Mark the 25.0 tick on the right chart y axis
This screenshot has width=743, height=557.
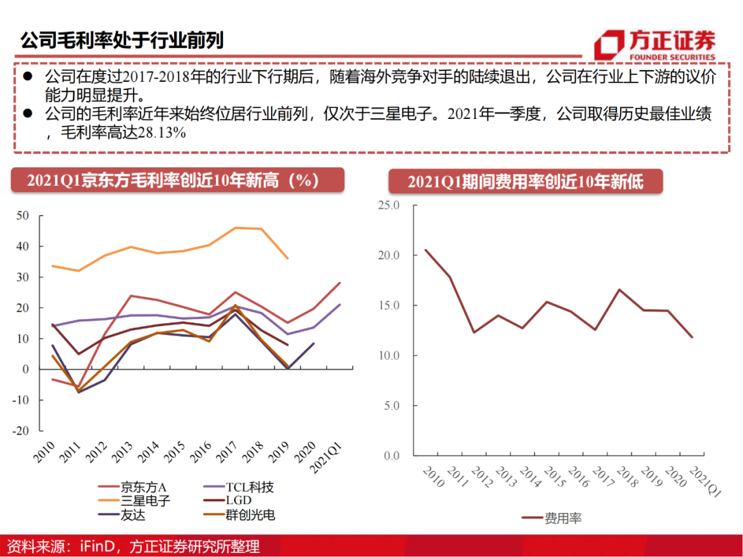click(x=390, y=205)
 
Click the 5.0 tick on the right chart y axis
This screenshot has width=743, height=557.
click(x=392, y=406)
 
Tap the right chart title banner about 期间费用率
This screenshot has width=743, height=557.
click(x=525, y=182)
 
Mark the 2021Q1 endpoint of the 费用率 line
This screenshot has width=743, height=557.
click(x=692, y=337)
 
